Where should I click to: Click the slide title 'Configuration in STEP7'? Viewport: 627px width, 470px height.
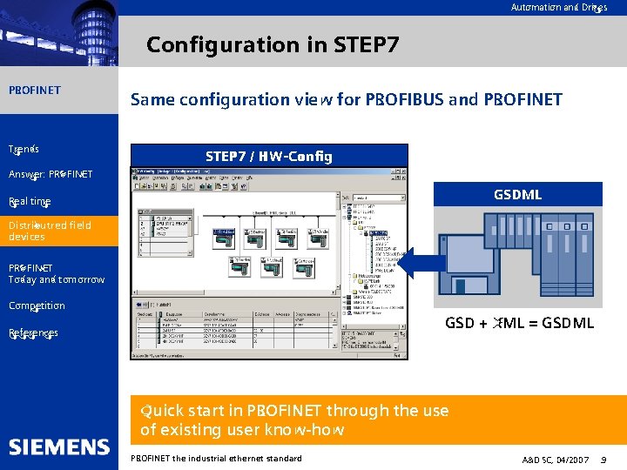(x=273, y=44)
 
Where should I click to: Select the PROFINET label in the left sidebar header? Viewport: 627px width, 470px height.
(x=35, y=90)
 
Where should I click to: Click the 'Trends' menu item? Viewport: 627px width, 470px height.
(x=24, y=149)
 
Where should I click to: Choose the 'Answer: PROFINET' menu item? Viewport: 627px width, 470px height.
(x=51, y=174)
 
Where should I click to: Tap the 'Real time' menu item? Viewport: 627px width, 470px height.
(x=30, y=201)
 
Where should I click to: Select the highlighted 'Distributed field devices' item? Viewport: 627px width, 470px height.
(x=50, y=231)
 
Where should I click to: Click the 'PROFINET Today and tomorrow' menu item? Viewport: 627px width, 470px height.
(x=56, y=273)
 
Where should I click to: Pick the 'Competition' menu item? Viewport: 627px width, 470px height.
(x=37, y=305)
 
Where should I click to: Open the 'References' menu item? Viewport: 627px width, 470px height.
(x=33, y=332)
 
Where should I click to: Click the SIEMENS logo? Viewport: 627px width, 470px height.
(x=59, y=446)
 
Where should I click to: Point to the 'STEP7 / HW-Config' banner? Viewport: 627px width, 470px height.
(x=268, y=157)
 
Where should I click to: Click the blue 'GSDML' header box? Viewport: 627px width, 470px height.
(x=517, y=194)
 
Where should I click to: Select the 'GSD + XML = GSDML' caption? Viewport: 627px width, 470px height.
(x=519, y=323)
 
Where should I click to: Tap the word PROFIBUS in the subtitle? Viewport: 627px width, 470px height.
(x=403, y=99)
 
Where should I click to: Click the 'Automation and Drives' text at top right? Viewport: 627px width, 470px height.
(x=558, y=8)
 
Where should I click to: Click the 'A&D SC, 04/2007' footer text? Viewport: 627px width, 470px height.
(x=556, y=459)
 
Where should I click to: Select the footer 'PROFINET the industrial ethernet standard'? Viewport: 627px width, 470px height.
(x=216, y=458)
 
